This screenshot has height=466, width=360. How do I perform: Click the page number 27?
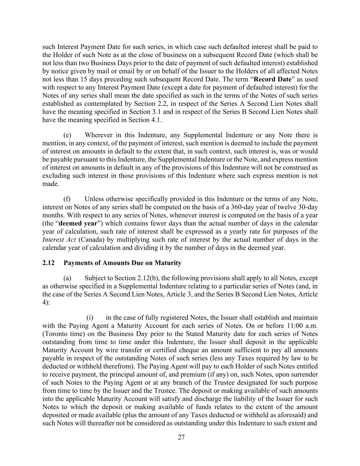pos(181,438)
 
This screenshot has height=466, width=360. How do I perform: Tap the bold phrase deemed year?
pos(78,224)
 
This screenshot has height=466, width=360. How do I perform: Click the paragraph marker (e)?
pos(67,135)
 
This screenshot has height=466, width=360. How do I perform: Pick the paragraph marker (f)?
pos(67,199)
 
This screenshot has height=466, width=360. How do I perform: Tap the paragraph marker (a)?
pos(67,278)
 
